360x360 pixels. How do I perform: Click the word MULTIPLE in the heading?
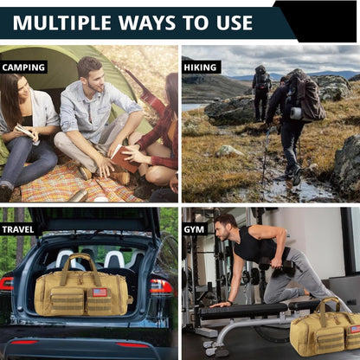tap(62, 22)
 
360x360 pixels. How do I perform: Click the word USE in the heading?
tap(235, 22)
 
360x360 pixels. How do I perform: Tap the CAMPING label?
tap(23, 67)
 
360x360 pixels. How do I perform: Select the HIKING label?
tap(200, 67)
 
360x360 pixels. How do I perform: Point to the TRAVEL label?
tap(18, 229)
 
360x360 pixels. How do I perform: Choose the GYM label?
tap(194, 229)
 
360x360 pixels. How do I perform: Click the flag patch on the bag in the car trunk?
tap(100, 292)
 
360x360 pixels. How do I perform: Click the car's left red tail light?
tap(6, 284)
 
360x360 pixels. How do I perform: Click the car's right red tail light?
tap(161, 286)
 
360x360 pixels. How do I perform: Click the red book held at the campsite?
tap(125, 158)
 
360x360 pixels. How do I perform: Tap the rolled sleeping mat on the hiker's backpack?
tap(296, 113)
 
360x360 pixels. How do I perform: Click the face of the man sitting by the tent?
tap(96, 77)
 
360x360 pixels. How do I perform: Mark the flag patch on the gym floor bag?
tap(355, 329)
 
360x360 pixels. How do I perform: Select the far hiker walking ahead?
tap(261, 93)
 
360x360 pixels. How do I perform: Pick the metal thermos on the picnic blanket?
tap(78, 196)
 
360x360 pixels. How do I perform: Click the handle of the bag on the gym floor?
tap(331, 305)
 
